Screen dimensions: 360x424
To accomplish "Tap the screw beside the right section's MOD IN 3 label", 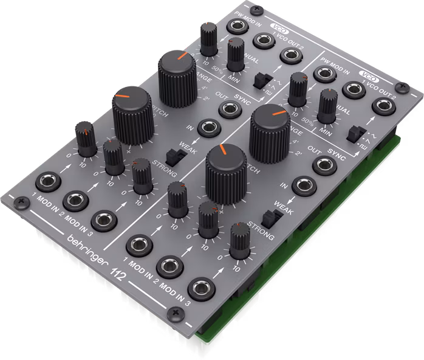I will click(176, 312).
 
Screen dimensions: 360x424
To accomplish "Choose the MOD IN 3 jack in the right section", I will click(200, 289).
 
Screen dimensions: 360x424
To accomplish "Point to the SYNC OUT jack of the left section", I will click(228, 107).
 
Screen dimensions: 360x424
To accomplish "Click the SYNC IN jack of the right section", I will click(301, 185).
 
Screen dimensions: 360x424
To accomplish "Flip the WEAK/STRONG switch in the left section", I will click(177, 156).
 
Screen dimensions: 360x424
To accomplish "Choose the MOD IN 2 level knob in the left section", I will click(113, 157).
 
